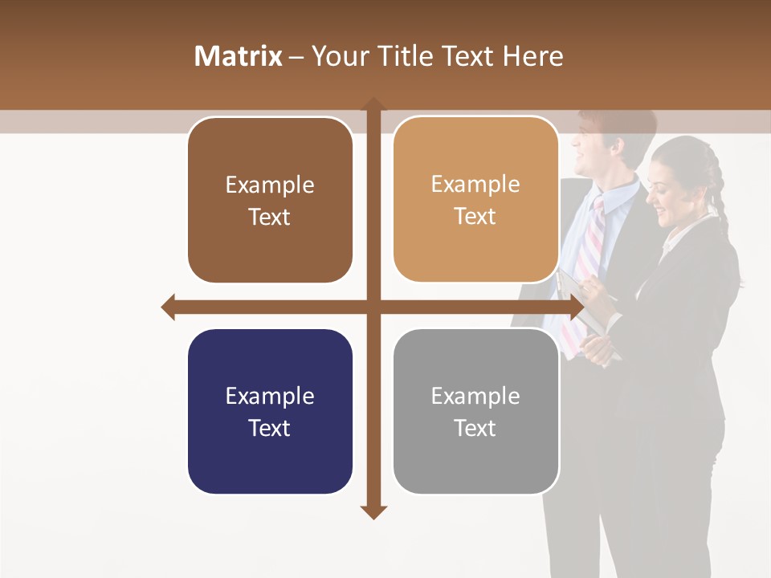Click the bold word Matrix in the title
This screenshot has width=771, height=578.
[x=239, y=56]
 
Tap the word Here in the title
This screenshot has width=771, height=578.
[x=532, y=56]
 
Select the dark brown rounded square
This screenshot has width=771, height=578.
[x=270, y=200]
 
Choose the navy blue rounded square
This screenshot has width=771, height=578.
[x=270, y=412]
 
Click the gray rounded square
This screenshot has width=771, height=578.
[x=475, y=412]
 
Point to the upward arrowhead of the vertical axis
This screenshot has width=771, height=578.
[x=373, y=105]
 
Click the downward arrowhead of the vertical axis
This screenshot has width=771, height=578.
[x=373, y=511]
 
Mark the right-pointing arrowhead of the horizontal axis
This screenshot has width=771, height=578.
[x=576, y=307]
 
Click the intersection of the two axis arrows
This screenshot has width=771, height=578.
[x=373, y=307]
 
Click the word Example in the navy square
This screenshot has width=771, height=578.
[x=270, y=396]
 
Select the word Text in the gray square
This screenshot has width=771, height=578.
[x=475, y=428]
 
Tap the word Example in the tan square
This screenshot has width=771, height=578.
[x=475, y=184]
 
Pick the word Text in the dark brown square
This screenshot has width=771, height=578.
[x=270, y=217]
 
